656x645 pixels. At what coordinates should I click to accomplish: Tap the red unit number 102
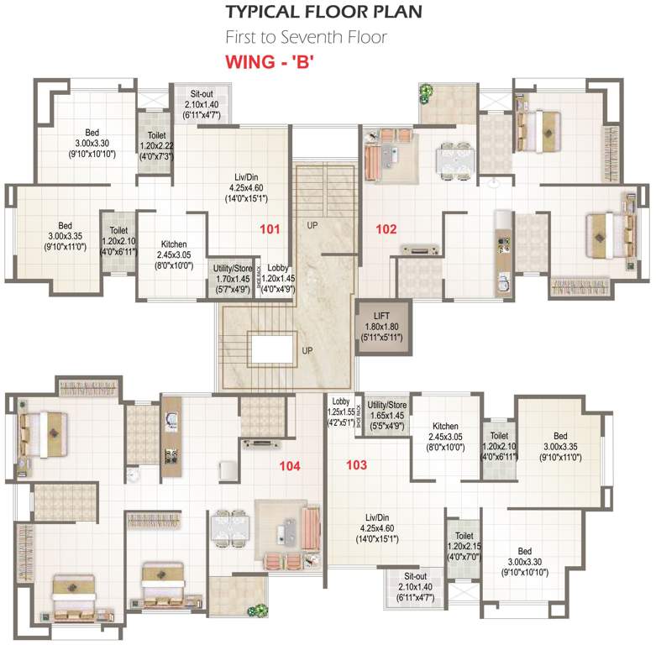385,228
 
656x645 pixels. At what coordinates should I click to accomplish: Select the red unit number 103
355,464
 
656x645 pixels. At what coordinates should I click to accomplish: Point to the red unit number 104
290,464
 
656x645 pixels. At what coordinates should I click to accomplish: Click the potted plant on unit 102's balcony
427,91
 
